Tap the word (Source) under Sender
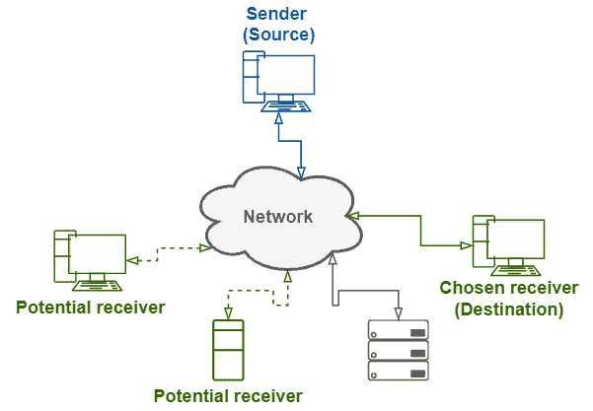coord(279,34)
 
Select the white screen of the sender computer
coord(286,76)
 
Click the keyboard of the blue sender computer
coord(286,106)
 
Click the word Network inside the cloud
coord(278,217)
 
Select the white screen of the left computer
coord(97,253)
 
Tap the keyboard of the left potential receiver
coord(97,288)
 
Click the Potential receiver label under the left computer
coord(89,308)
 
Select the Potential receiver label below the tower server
coord(227,396)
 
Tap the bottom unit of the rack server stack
coord(400,375)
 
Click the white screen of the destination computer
coord(516,240)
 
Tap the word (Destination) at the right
coord(510,309)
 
